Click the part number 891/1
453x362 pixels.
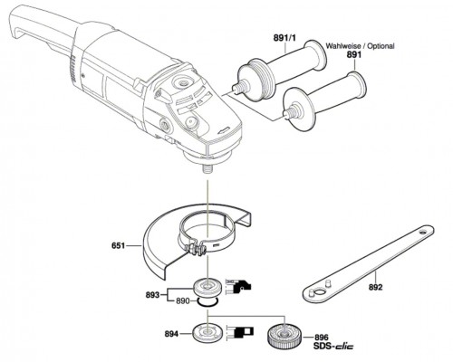pyautogui.click(x=284, y=38)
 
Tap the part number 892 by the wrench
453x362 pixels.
pyautogui.click(x=375, y=287)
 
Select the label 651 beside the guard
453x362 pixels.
pyautogui.click(x=118, y=246)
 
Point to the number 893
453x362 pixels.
pyautogui.click(x=152, y=295)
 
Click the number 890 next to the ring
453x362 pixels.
pyautogui.click(x=183, y=301)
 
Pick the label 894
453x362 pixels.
pyautogui.click(x=171, y=334)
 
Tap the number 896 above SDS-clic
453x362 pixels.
pyautogui.click(x=322, y=338)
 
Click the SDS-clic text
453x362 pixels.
pyautogui.click(x=333, y=346)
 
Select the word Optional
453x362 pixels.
pyautogui.click(x=381, y=46)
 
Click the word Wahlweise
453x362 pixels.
pyautogui.click(x=342, y=46)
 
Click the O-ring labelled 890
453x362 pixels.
pyautogui.click(x=207, y=301)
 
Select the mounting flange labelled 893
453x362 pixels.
pyautogui.click(x=207, y=287)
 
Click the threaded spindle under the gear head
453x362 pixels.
pyautogui.click(x=207, y=167)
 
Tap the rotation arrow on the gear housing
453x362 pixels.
pyautogui.click(x=224, y=130)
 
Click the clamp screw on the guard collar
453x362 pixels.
pyautogui.click(x=196, y=250)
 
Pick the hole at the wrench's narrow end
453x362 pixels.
pyautogui.click(x=423, y=233)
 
